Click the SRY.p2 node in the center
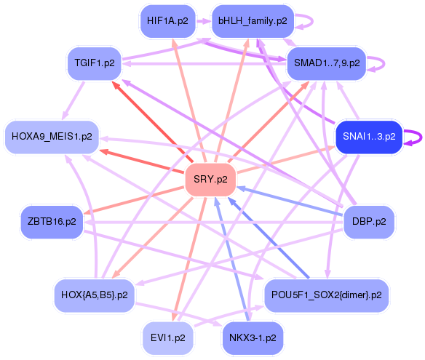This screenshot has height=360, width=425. [210, 179]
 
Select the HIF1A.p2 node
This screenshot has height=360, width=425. [167, 21]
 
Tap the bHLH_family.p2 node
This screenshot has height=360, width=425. [253, 21]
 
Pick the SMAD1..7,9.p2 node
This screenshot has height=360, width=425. [326, 63]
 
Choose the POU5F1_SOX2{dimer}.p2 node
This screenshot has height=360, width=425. [326, 295]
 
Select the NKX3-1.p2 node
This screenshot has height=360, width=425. [253, 338]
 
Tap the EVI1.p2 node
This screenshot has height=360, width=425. [167, 338]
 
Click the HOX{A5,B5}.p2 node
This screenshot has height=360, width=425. [95, 295]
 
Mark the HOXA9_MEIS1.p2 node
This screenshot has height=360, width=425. [52, 136]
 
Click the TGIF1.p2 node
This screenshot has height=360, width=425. [95, 63]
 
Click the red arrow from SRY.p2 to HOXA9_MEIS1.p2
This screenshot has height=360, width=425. [138, 161]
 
